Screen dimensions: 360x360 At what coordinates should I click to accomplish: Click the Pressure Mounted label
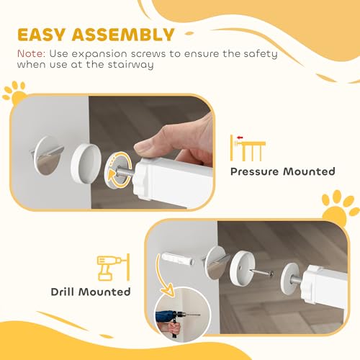(282, 171)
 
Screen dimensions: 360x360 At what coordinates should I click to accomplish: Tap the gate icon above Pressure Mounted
(248, 148)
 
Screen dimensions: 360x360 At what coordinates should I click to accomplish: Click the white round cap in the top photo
(86, 156)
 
